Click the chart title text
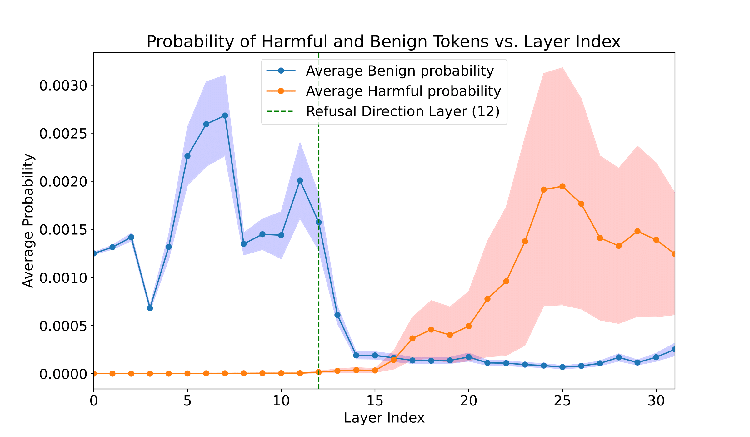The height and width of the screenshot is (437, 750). pos(383,42)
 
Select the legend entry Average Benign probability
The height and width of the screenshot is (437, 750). pos(400,71)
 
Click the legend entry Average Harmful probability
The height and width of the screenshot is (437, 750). pos(403,91)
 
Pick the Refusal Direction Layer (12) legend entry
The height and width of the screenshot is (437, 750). pos(403,111)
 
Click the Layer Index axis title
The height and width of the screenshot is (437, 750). pos(384,418)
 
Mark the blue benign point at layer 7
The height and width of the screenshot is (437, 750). pos(225,115)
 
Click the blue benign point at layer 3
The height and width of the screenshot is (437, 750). pos(150,308)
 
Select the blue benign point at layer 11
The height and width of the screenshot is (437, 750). pos(300,180)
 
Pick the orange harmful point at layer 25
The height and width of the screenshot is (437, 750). pos(562,186)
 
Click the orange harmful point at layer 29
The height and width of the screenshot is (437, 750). pos(637,231)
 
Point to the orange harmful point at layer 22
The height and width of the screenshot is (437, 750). pos(506,281)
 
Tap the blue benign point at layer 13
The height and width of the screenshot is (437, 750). pos(337,315)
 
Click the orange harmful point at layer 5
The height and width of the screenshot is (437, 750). pos(187,373)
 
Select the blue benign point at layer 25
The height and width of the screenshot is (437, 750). pos(562,367)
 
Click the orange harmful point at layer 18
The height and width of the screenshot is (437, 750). pos(431,329)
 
